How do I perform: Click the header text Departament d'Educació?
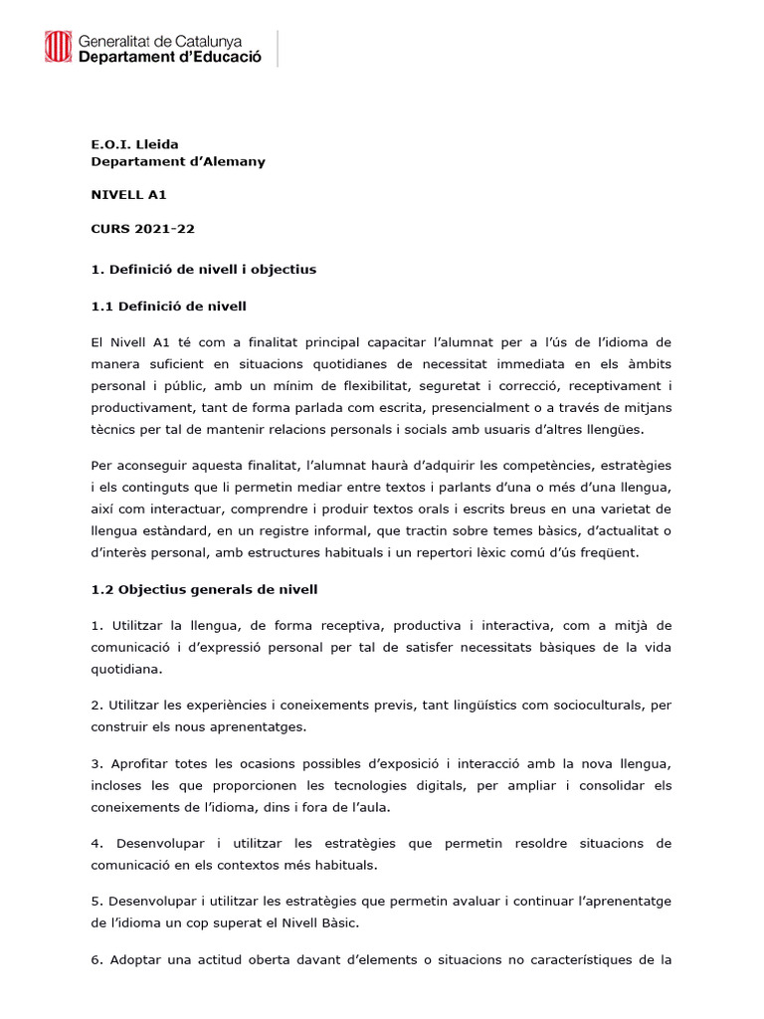pos(169,58)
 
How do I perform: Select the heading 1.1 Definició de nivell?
pos(169,305)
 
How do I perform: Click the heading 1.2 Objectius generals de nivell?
pos(204,589)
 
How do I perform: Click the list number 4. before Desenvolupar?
pos(96,843)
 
